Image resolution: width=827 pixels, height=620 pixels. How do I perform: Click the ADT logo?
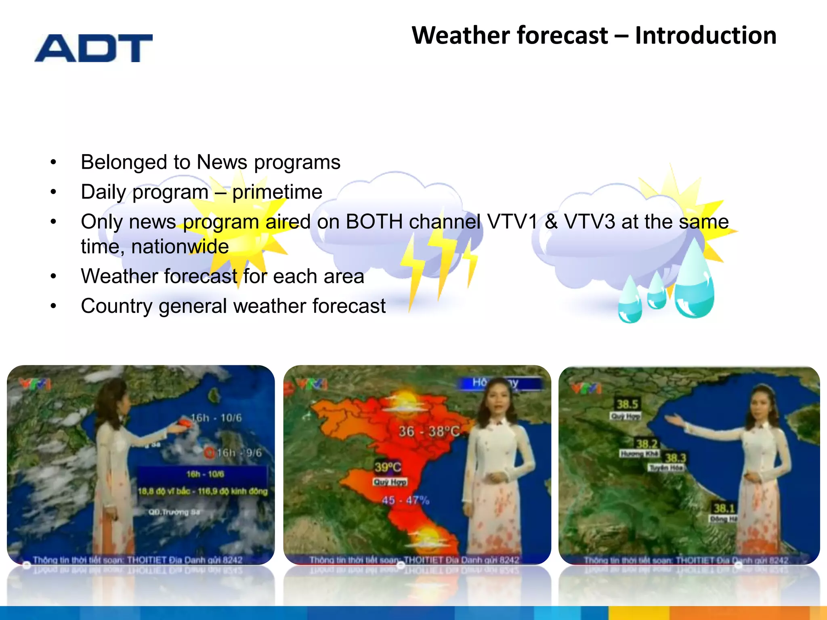[x=94, y=48]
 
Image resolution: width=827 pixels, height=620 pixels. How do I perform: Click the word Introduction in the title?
[x=705, y=36]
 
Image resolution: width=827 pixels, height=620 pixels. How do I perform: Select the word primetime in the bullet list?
[x=277, y=192]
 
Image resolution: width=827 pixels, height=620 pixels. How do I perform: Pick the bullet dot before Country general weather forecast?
[x=53, y=306]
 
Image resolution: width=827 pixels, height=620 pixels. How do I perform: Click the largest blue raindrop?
[x=694, y=281]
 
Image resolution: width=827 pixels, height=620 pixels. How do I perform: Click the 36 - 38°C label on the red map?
[x=429, y=431]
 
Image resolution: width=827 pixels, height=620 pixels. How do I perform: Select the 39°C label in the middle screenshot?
[x=387, y=467]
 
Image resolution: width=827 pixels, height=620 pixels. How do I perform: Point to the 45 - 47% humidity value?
[x=405, y=501]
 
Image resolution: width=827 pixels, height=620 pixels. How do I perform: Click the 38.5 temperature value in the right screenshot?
[x=627, y=404]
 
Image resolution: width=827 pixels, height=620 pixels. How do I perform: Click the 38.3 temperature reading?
[x=675, y=458]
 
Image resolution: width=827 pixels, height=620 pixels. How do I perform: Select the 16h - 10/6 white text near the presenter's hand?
[x=216, y=418]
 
